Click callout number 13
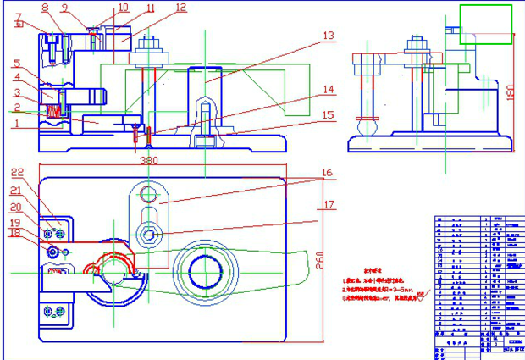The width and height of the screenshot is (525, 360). [x=329, y=36]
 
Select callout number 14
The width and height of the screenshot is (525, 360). [x=329, y=89]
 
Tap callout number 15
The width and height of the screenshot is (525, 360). [x=329, y=114]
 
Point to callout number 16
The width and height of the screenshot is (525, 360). [x=329, y=174]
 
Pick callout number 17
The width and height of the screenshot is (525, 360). [x=329, y=204]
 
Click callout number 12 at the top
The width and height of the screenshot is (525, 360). [x=180, y=8]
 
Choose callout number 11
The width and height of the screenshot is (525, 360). [x=151, y=9]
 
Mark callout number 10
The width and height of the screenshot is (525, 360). [x=123, y=8]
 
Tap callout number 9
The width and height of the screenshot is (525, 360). [x=65, y=8]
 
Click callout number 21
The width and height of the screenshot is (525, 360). [x=15, y=191]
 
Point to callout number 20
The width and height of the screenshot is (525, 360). [x=15, y=207]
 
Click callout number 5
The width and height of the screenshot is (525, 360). [x=16, y=64]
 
